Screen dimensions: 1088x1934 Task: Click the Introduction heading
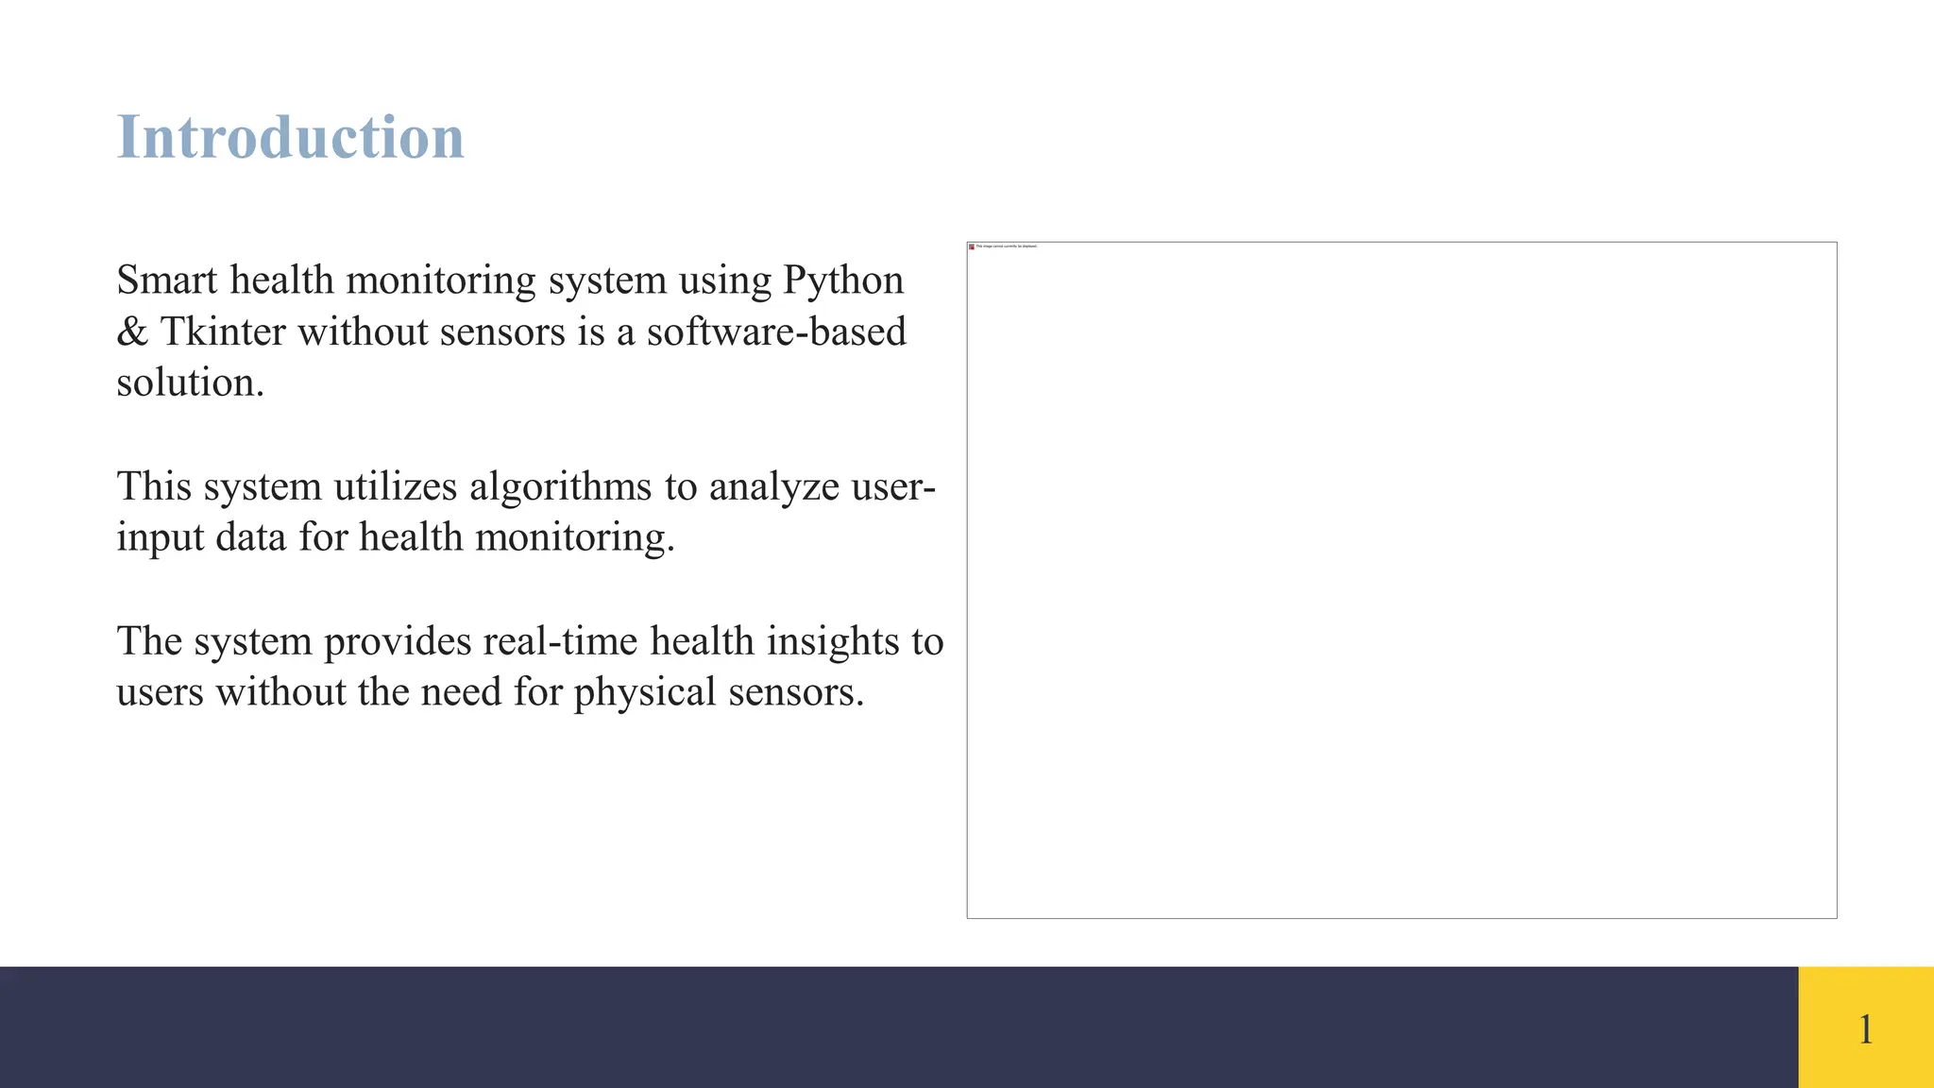pyautogui.click(x=290, y=138)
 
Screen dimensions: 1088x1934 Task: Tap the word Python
pyautogui.click(x=843, y=281)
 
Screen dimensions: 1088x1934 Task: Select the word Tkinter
pyautogui.click(x=223, y=332)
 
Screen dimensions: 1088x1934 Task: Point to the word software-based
pyautogui.click(x=776, y=332)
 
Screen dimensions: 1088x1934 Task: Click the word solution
pyautogui.click(x=190, y=383)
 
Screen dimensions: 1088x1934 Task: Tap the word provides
pyautogui.click(x=398, y=642)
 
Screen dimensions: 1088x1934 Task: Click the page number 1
pyautogui.click(x=1865, y=1029)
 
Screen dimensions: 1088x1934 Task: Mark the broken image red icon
pyautogui.click(x=972, y=246)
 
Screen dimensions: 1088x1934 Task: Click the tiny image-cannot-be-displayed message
pyautogui.click(x=1007, y=246)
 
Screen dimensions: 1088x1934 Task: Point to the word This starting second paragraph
pyautogui.click(x=154, y=487)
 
